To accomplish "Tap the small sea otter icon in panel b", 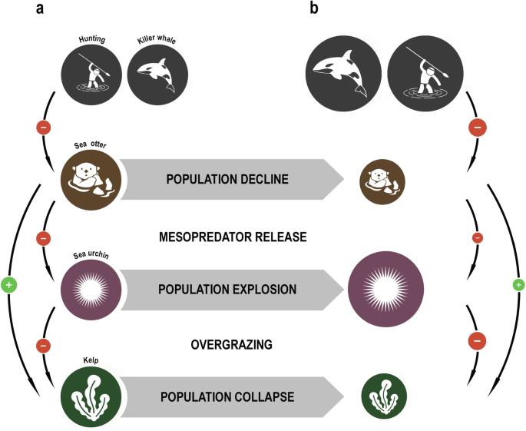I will click(x=383, y=181).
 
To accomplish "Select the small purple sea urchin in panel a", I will click(x=90, y=289).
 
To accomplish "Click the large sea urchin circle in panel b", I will click(x=383, y=289).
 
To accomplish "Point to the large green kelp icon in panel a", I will click(x=91, y=397).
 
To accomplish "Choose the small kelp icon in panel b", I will click(x=383, y=397).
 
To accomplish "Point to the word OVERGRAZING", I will click(x=231, y=345).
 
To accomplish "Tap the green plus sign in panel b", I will click(x=518, y=285).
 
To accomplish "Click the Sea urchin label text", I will click(x=85, y=250).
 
